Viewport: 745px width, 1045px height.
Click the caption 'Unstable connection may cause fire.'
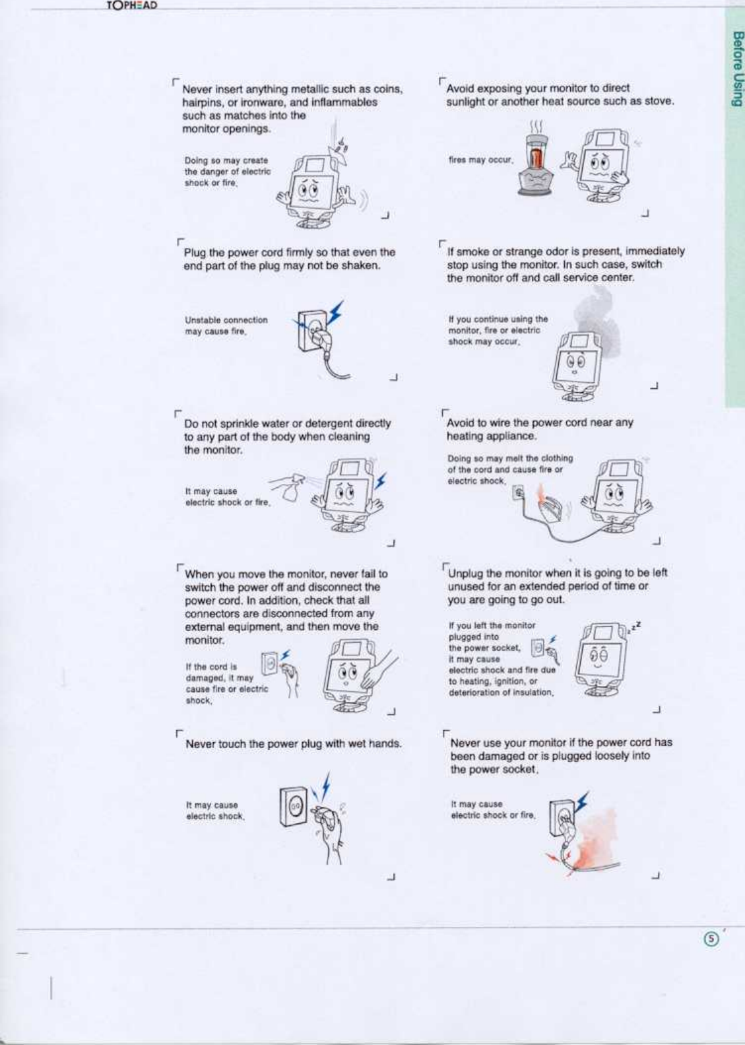(x=226, y=325)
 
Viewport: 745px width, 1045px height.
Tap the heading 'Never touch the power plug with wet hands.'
(x=294, y=744)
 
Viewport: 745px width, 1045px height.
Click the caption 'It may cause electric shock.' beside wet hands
(x=215, y=811)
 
